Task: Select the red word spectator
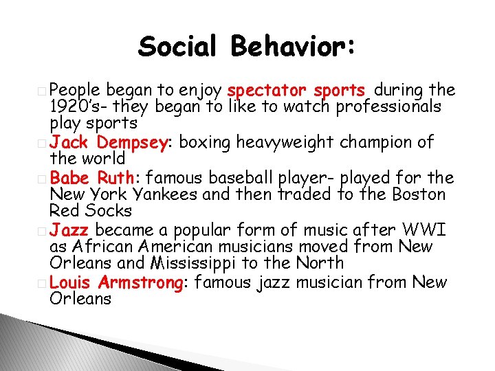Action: pyautogui.click(x=267, y=90)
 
